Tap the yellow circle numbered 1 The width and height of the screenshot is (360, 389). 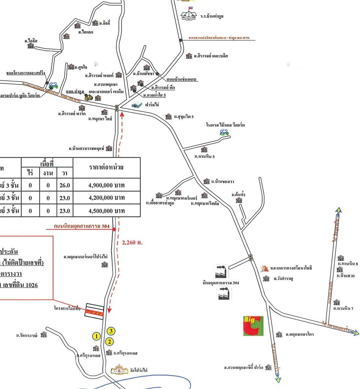(x=97, y=336)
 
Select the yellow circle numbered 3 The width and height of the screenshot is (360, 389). (x=111, y=331)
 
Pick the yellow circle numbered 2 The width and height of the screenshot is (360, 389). (x=109, y=341)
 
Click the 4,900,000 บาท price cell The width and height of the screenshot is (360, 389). (x=106, y=185)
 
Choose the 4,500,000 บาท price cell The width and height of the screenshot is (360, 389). (x=106, y=211)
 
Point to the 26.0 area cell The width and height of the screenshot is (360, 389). (x=65, y=185)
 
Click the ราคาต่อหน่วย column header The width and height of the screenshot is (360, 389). (x=106, y=167)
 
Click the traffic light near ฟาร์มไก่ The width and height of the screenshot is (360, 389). (x=117, y=108)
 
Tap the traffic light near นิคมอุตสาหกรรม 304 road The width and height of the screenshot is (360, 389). (x=250, y=258)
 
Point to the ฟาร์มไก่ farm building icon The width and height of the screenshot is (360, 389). (x=137, y=105)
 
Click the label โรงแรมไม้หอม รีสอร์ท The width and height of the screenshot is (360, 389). (x=225, y=125)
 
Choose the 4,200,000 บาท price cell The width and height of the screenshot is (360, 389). (x=106, y=198)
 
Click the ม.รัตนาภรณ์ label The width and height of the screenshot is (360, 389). (x=28, y=335)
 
